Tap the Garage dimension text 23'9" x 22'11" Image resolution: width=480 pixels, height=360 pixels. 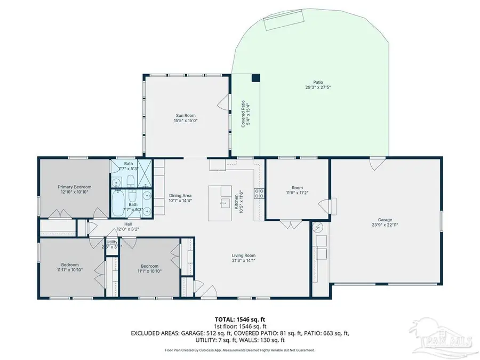(x=385, y=225)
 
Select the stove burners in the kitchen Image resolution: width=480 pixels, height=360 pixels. (x=260, y=194)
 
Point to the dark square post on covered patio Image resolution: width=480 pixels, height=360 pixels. (x=255, y=78)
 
